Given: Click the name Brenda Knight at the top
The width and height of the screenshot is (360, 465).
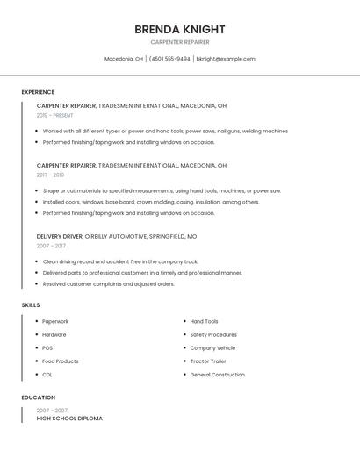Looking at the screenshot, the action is click(x=179, y=29).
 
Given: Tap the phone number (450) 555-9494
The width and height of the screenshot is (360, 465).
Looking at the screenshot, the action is click(x=169, y=59).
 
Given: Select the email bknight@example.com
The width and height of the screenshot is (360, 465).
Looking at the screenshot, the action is click(x=226, y=59).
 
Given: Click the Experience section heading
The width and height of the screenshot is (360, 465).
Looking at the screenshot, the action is click(x=38, y=92).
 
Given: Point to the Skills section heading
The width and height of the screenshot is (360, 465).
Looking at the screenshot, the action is click(x=31, y=304).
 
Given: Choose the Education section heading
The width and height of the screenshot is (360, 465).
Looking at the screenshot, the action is click(x=38, y=397).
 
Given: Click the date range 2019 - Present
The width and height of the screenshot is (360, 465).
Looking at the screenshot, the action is click(x=55, y=115).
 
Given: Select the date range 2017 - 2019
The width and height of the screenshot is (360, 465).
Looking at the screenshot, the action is click(x=50, y=175).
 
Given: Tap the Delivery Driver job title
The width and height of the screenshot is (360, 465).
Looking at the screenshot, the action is click(x=60, y=236).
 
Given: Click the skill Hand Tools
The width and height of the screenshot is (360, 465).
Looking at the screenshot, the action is click(x=205, y=321).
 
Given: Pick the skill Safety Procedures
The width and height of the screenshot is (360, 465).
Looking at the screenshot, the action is click(x=213, y=334).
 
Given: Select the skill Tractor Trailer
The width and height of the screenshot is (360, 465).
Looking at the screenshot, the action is click(x=208, y=361).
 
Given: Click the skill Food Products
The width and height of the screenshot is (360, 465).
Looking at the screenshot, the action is click(x=61, y=361).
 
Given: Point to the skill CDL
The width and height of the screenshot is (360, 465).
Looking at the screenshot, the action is click(x=47, y=375).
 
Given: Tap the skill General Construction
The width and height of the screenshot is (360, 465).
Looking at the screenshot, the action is click(x=218, y=375).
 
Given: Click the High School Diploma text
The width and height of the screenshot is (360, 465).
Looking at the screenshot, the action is click(x=69, y=418).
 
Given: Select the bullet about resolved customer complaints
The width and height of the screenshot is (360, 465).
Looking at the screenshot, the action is click(x=109, y=284).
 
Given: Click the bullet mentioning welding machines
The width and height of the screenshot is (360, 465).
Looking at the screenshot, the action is click(x=165, y=131).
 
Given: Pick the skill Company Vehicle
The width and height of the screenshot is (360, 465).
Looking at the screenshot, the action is click(x=212, y=348).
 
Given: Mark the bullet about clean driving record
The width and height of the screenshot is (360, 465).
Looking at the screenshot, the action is click(x=120, y=261).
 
